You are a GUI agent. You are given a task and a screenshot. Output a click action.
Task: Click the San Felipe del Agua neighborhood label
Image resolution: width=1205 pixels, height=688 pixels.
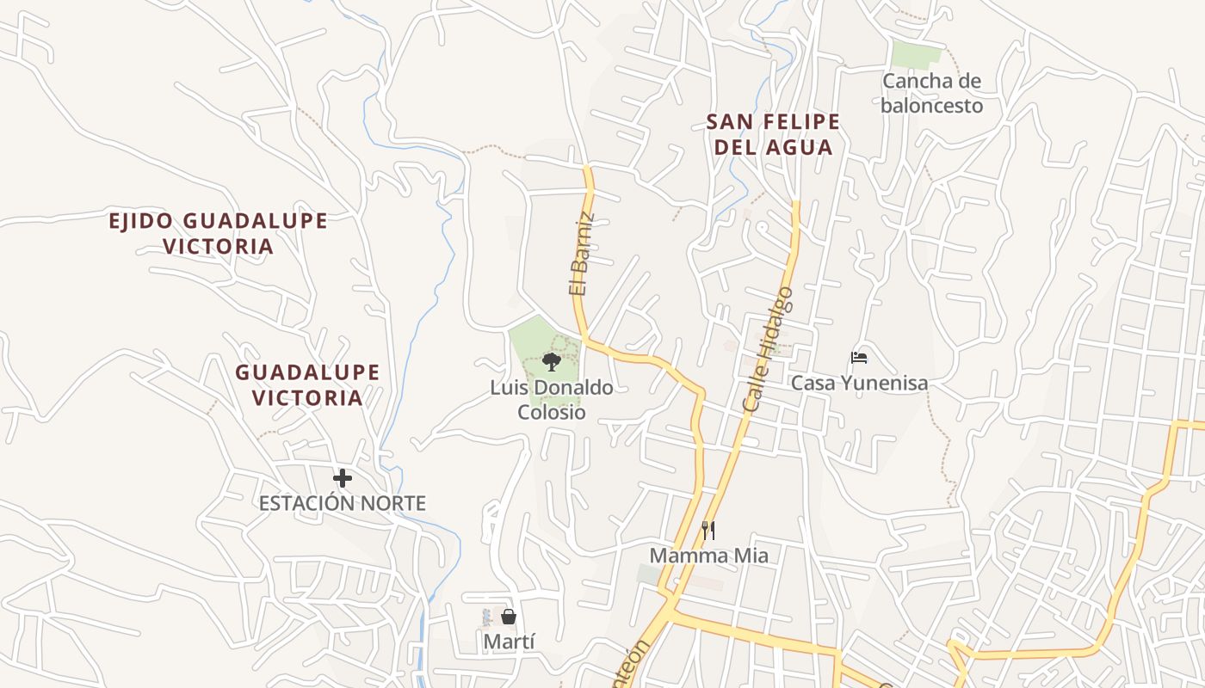coord(773,134)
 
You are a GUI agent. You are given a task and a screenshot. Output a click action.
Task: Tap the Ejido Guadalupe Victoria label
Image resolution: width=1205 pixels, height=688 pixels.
coord(218,233)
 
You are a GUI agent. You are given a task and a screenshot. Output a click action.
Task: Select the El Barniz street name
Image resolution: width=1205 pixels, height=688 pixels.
coord(582,255)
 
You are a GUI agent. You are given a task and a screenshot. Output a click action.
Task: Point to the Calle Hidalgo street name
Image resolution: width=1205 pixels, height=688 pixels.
coord(766,348)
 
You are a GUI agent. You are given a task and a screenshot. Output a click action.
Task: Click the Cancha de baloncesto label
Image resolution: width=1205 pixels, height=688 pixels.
coord(931,93)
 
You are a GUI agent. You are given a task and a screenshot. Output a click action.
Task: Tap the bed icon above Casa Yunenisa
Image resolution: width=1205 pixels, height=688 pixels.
coord(858,358)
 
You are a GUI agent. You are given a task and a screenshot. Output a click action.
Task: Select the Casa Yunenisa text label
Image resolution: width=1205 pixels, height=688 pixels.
coord(859,383)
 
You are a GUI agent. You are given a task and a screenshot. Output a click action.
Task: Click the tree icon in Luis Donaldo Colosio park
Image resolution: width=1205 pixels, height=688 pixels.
coord(552,362)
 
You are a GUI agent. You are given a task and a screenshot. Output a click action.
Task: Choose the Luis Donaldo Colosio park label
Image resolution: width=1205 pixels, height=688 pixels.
coord(552,400)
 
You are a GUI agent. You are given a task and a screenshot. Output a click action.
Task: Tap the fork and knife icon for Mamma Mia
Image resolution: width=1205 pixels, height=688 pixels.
coord(708,530)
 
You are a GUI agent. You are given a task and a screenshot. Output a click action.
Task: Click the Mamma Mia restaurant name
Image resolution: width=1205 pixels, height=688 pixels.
coord(708,556)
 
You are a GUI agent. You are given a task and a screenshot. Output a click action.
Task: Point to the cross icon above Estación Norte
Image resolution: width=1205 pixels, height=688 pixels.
coord(343,478)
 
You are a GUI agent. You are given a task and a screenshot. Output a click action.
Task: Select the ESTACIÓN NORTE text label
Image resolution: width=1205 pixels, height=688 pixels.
coord(343,503)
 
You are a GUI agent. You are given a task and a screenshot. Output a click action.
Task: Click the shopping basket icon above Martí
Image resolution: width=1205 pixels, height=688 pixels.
coord(509,617)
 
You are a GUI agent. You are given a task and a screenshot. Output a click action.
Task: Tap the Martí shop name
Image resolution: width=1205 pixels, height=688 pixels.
coord(509,642)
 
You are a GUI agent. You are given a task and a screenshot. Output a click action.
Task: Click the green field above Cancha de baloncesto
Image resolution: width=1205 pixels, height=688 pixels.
coord(917,54)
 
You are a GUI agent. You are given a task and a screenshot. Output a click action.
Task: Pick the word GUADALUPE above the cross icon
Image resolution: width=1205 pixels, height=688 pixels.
coord(307,372)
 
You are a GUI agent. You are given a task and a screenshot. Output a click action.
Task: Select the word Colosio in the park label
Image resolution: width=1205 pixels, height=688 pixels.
coord(552,413)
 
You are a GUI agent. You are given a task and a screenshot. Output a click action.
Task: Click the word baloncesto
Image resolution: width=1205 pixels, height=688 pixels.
coord(931,106)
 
